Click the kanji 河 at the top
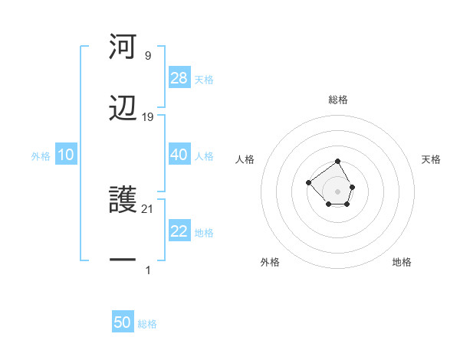pos(123,47)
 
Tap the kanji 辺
pos(123,108)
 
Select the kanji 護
pos(123,200)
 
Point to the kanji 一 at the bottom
pos(123,261)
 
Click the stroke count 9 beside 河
pos(147,56)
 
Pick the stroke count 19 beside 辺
pos(148,117)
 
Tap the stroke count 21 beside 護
pos(148,209)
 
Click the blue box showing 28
pos(179,78)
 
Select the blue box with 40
pos(179,155)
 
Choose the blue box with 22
pos(179,231)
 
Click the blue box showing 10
pos(66,155)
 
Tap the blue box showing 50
pos(123,322)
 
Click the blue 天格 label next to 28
pos(204,80)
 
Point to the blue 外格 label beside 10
pos(41,156)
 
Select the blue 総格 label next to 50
pos(147,324)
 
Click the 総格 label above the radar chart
pos(338,100)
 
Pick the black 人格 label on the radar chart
pos(245,159)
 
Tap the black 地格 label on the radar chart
pos(402,262)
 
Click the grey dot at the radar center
pos(338,191)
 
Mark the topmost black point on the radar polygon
pos(338,162)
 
